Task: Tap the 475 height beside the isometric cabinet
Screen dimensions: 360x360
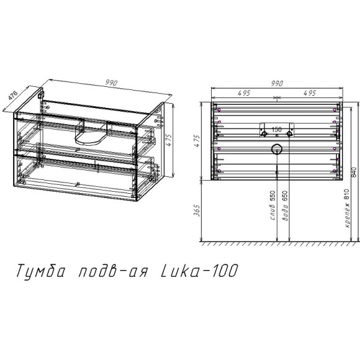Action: [167, 142]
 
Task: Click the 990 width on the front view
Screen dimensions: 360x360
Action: [276, 83]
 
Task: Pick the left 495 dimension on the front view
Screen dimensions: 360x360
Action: [243, 92]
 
